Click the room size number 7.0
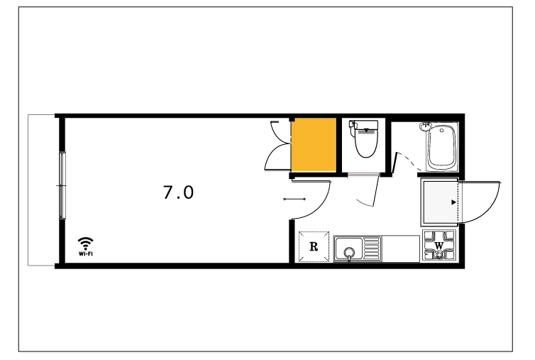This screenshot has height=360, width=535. [x=178, y=192]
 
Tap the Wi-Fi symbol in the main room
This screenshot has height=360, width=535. [x=85, y=245]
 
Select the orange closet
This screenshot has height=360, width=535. [x=314, y=145]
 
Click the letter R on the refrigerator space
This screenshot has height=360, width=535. [x=314, y=248]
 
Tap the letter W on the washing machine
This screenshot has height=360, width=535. [x=439, y=246]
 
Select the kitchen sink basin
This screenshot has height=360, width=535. [x=349, y=251]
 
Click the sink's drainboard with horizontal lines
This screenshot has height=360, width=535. [x=373, y=249]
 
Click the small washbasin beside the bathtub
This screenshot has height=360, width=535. [x=426, y=128]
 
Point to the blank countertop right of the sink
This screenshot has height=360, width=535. [x=402, y=249]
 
